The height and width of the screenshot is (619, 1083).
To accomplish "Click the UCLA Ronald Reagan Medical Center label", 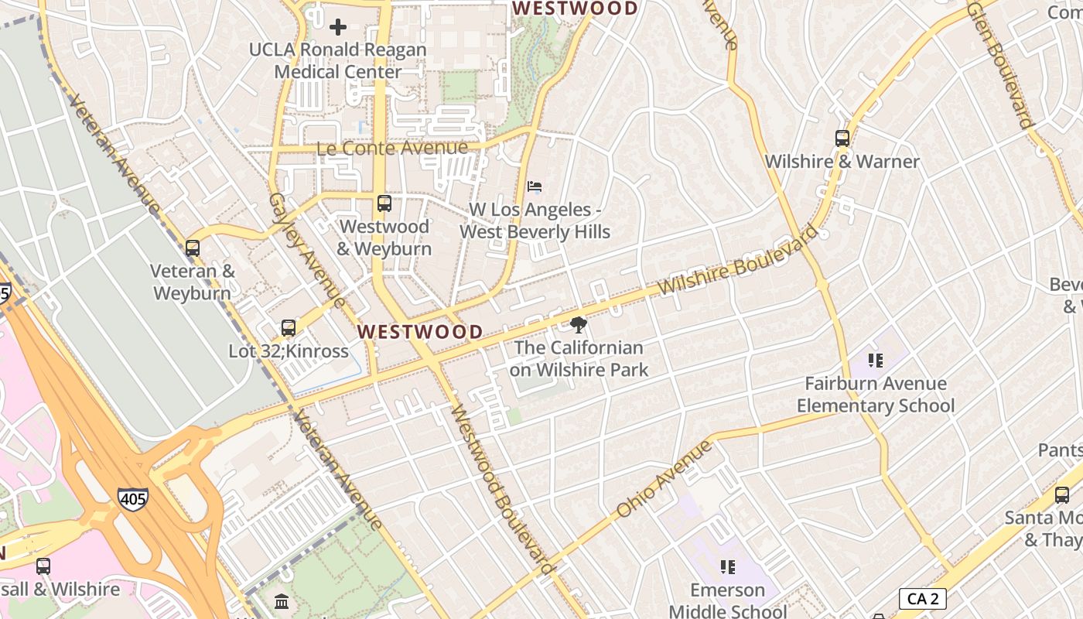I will pos(338,60).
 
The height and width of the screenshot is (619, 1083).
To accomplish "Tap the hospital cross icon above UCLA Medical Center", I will pos(338,27).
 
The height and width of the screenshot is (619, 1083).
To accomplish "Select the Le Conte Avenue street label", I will pos(392,148).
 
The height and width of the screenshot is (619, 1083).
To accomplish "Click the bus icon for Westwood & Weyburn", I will pos(384,203).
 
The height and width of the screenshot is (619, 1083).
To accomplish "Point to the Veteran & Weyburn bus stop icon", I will pos(193,248).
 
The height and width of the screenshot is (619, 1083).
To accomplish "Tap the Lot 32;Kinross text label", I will pos(288,351).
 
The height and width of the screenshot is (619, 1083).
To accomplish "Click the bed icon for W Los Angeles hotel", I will pos(535,186).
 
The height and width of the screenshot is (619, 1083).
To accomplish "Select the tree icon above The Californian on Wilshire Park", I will pos(578,325).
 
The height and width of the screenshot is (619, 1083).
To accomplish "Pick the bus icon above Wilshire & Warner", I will pos(842,139).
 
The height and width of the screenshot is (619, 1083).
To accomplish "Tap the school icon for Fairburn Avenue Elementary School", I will pos(876,360).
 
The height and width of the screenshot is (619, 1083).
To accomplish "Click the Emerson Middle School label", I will pos(727,600).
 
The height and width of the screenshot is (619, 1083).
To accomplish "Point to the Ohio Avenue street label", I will pos(663,480).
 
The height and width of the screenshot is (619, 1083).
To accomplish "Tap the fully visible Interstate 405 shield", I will pos(133,499).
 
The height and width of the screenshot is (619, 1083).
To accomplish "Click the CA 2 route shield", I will pos(922,598).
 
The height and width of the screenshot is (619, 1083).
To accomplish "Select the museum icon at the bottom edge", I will pos(282,601).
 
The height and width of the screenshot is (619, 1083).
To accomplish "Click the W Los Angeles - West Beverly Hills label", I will pos(535,221).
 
